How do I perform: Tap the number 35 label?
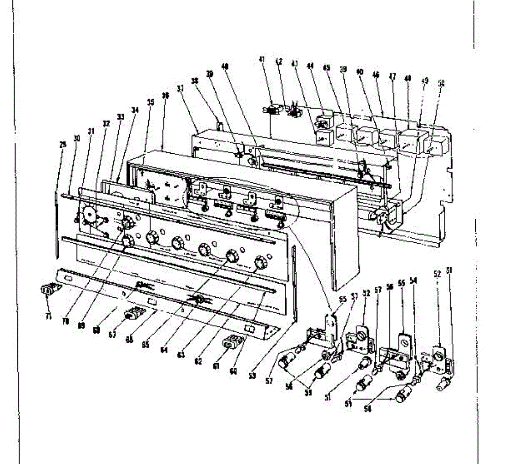coord(150,102)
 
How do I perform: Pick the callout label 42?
coord(278,61)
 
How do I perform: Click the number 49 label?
coord(425,81)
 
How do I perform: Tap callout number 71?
coord(48,317)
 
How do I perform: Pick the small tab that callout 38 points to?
coord(219,125)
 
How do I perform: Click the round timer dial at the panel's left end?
coord(90,213)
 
